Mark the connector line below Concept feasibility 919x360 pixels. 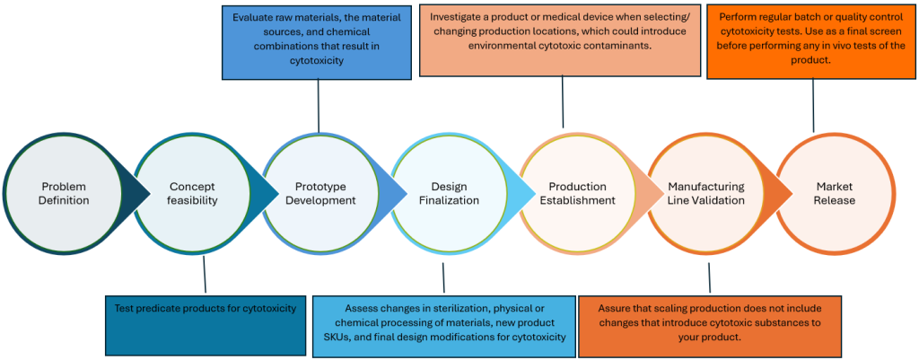(x=206, y=275)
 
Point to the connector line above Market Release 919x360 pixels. (x=814, y=103)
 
